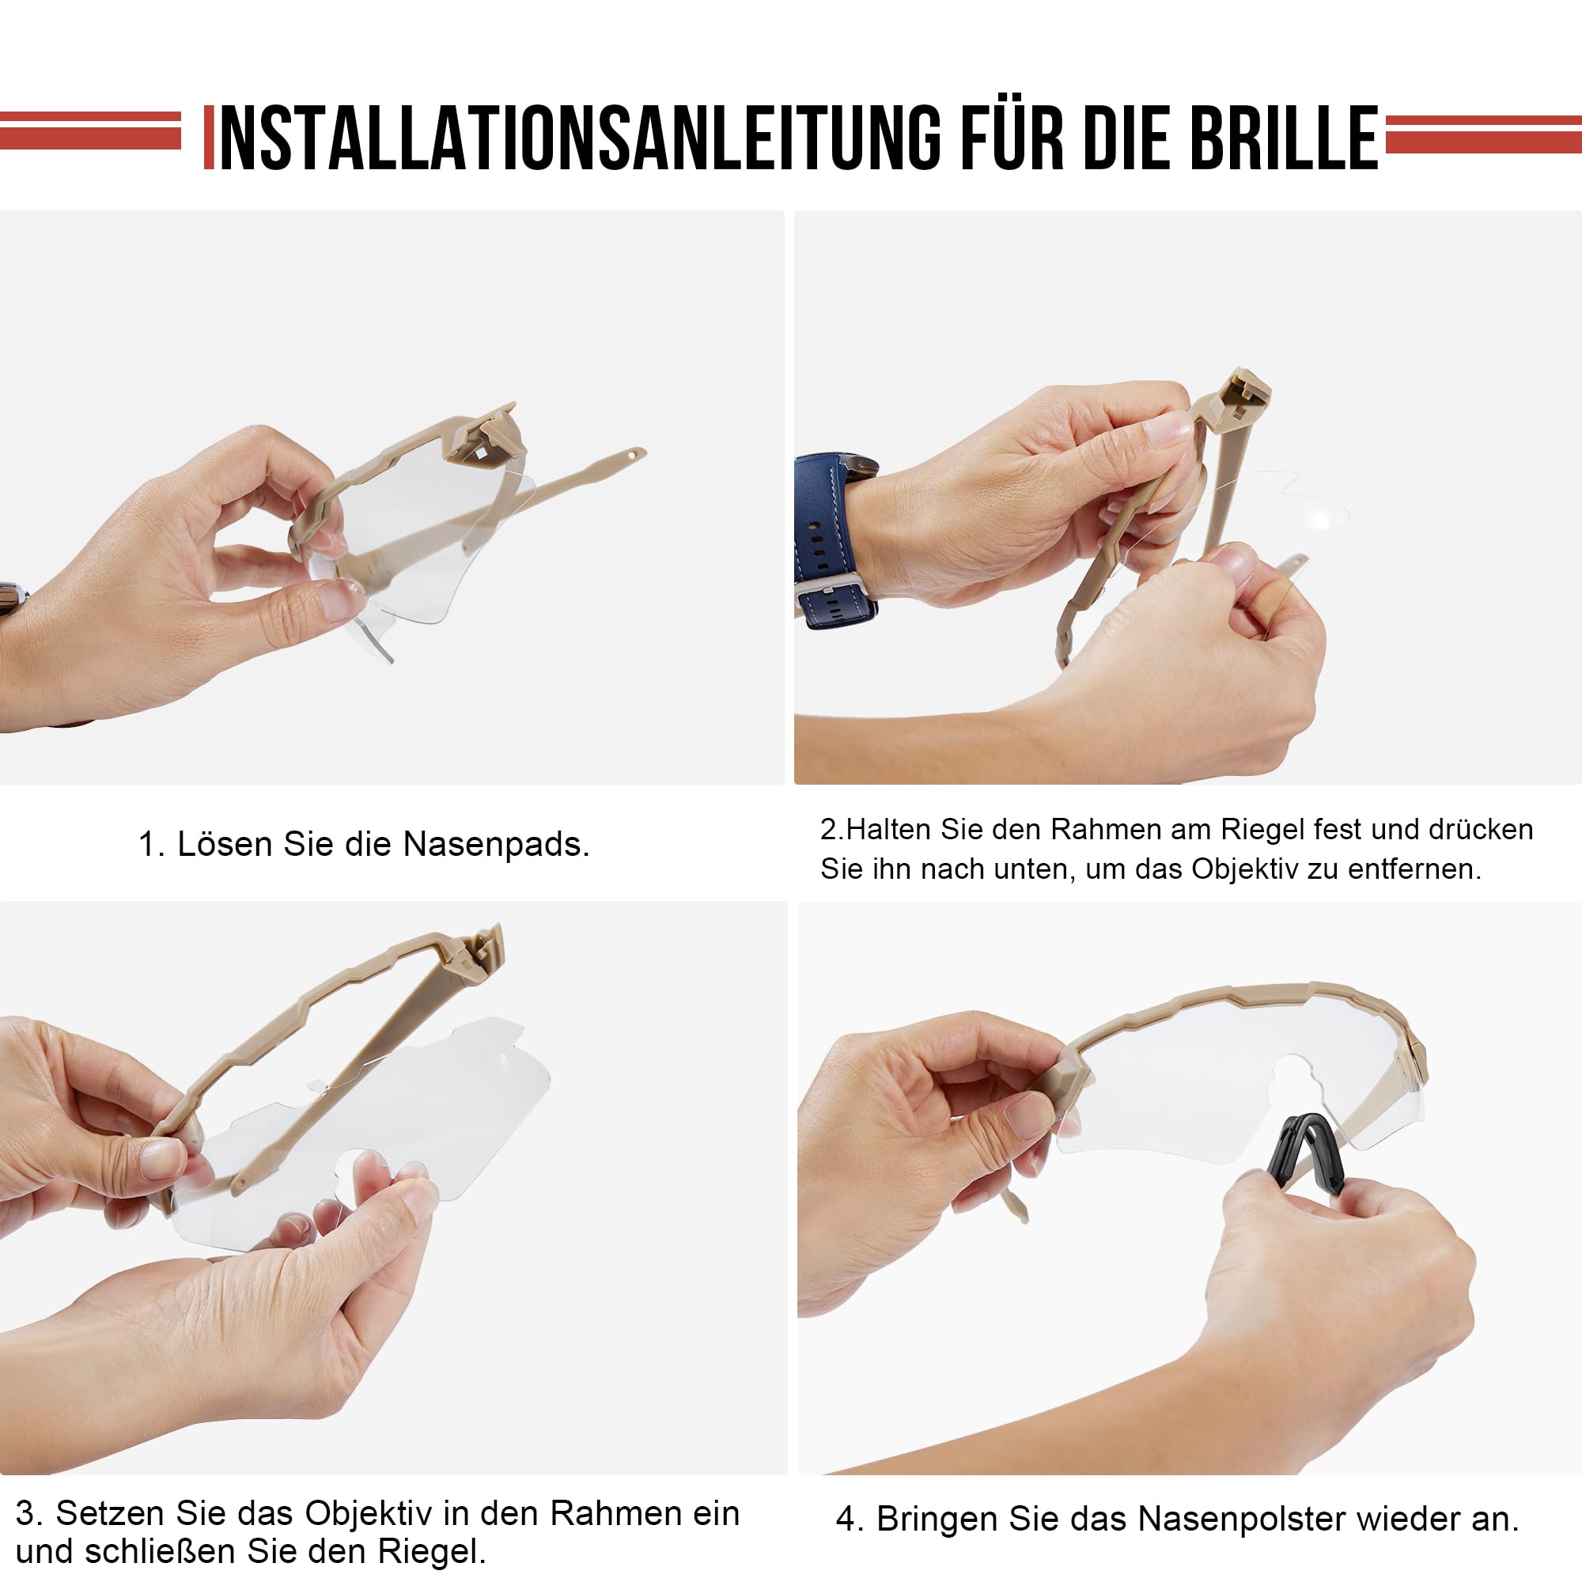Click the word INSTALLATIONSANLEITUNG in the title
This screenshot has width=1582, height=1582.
pos(580,138)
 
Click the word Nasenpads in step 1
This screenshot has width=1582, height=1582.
pos(495,845)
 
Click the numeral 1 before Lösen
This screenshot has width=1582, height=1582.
pos(147,845)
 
